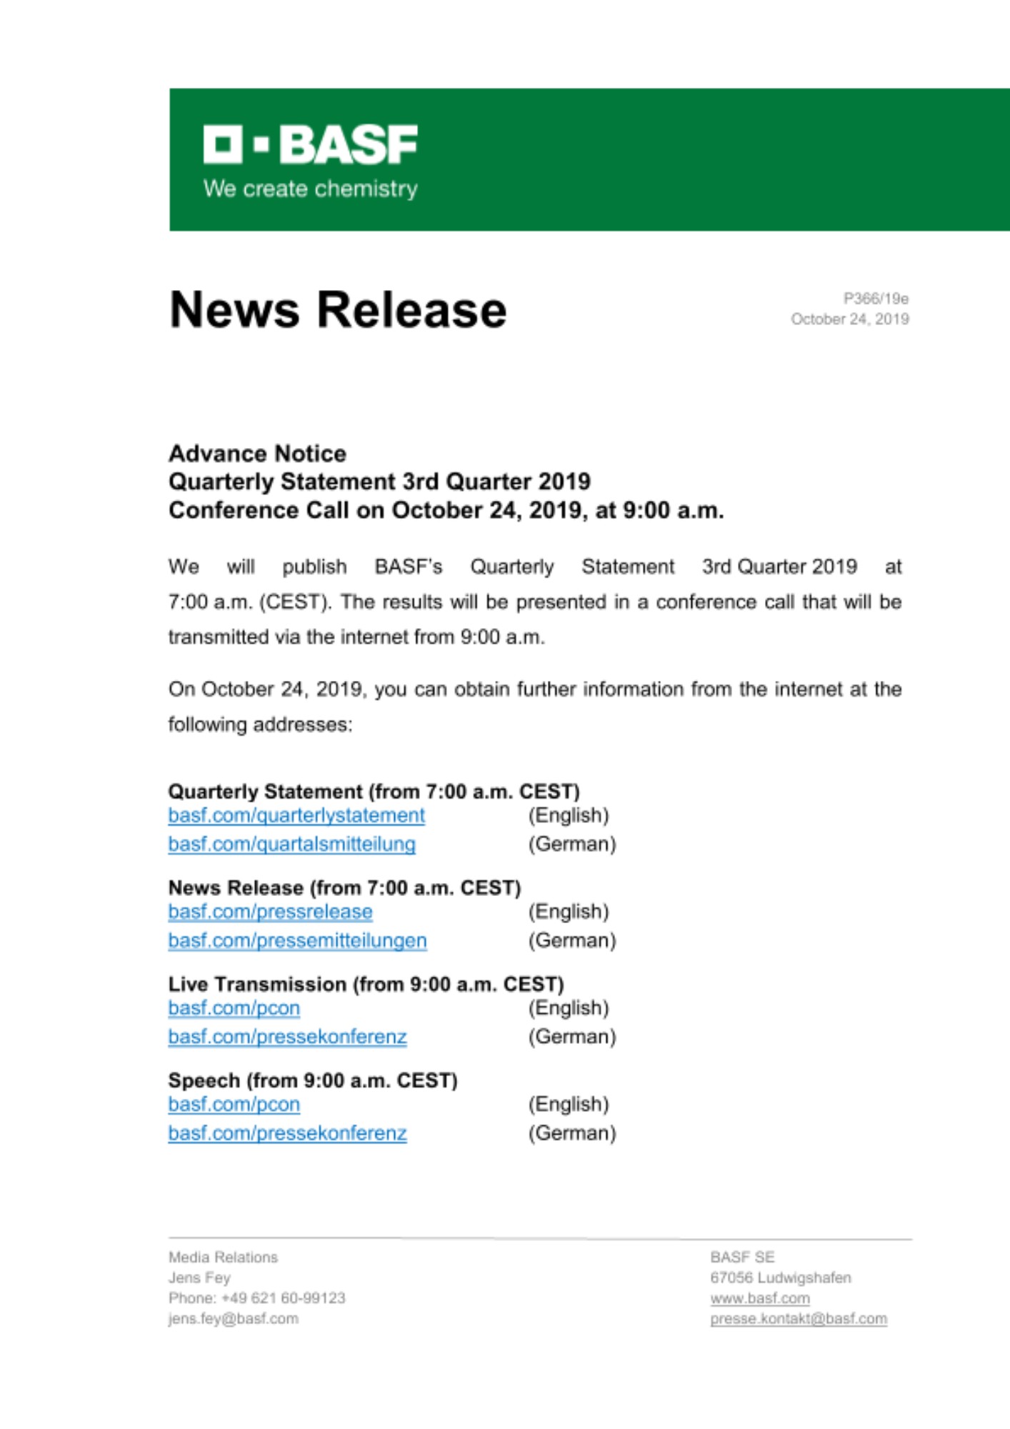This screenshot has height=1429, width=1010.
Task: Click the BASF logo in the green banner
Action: click(x=310, y=145)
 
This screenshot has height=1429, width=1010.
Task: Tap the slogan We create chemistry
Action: click(x=310, y=189)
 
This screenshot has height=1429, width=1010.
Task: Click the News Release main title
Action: click(x=338, y=310)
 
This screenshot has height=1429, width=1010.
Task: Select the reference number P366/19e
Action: click(x=876, y=299)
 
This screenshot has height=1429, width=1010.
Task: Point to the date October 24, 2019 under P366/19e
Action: click(x=849, y=319)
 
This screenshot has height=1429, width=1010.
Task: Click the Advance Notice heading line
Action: click(x=257, y=454)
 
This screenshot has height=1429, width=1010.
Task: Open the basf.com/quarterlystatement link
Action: click(x=296, y=815)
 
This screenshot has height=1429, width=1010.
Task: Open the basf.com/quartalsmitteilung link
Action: click(x=291, y=844)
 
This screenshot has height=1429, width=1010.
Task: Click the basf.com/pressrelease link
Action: click(x=270, y=912)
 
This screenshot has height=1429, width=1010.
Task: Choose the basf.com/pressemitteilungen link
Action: click(x=297, y=940)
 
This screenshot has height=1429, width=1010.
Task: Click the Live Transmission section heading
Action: click(x=366, y=984)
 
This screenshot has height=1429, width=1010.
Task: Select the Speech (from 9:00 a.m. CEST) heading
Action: click(x=313, y=1080)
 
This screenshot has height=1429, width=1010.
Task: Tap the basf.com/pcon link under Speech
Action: click(x=234, y=1105)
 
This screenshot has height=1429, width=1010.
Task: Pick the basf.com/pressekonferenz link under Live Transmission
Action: click(x=287, y=1037)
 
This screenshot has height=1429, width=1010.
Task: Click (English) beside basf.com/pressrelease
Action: click(x=569, y=912)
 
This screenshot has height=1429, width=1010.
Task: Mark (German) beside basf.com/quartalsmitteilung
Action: click(x=572, y=844)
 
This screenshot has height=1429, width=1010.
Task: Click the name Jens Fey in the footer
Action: click(x=199, y=1278)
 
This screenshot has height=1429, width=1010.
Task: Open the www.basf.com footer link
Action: click(x=760, y=1298)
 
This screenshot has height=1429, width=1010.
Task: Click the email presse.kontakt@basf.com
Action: click(x=799, y=1319)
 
